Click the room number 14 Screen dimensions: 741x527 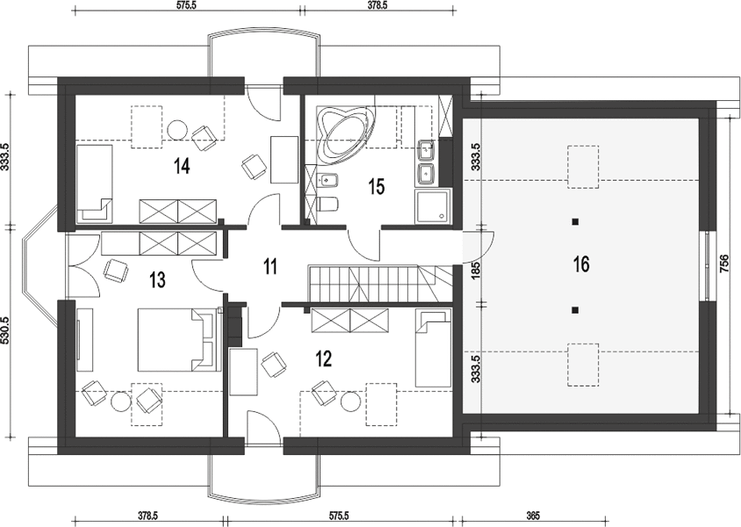pos(182,166)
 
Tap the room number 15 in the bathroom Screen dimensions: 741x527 pos(377,187)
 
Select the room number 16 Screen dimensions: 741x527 pos(582,264)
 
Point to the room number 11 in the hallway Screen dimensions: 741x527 pos(270,267)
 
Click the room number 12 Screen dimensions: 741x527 pos(324,359)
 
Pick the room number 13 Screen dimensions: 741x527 pos(157,280)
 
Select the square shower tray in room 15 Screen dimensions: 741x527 pos(433,206)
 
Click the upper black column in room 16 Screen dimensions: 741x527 pos(575,221)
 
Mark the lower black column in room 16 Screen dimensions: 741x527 pos(575,310)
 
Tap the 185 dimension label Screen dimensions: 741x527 pos(476,270)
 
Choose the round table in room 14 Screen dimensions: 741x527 pos(177,129)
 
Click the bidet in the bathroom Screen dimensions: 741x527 pos(328,180)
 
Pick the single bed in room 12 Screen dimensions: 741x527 pos(433,348)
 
